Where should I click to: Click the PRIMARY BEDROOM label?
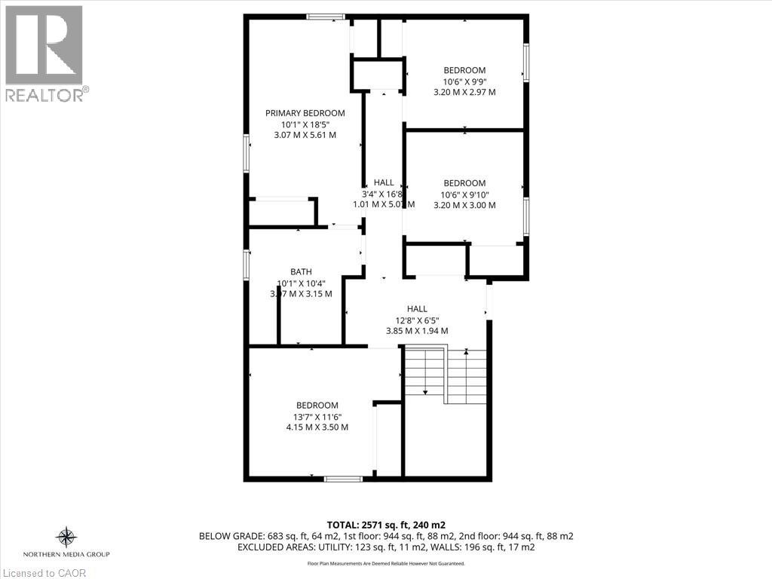pos(305,113)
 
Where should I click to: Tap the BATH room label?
pos(301,271)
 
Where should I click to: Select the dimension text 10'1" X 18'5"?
pos(305,124)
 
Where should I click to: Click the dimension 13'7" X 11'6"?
pos(317,416)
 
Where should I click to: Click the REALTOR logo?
pos(44,53)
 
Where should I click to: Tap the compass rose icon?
pos(67,537)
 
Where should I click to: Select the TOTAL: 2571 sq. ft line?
pos(385,524)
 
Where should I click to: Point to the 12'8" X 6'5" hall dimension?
pos(417,320)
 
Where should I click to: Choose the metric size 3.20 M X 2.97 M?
pos(464,92)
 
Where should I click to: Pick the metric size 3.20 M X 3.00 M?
pos(464,205)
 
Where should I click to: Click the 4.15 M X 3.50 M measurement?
pos(317,427)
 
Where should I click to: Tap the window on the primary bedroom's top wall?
pos(326,17)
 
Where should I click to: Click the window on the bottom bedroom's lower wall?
pos(342,478)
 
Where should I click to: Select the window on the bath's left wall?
pos(247,265)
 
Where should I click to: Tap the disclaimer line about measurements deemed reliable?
pos(385,563)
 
